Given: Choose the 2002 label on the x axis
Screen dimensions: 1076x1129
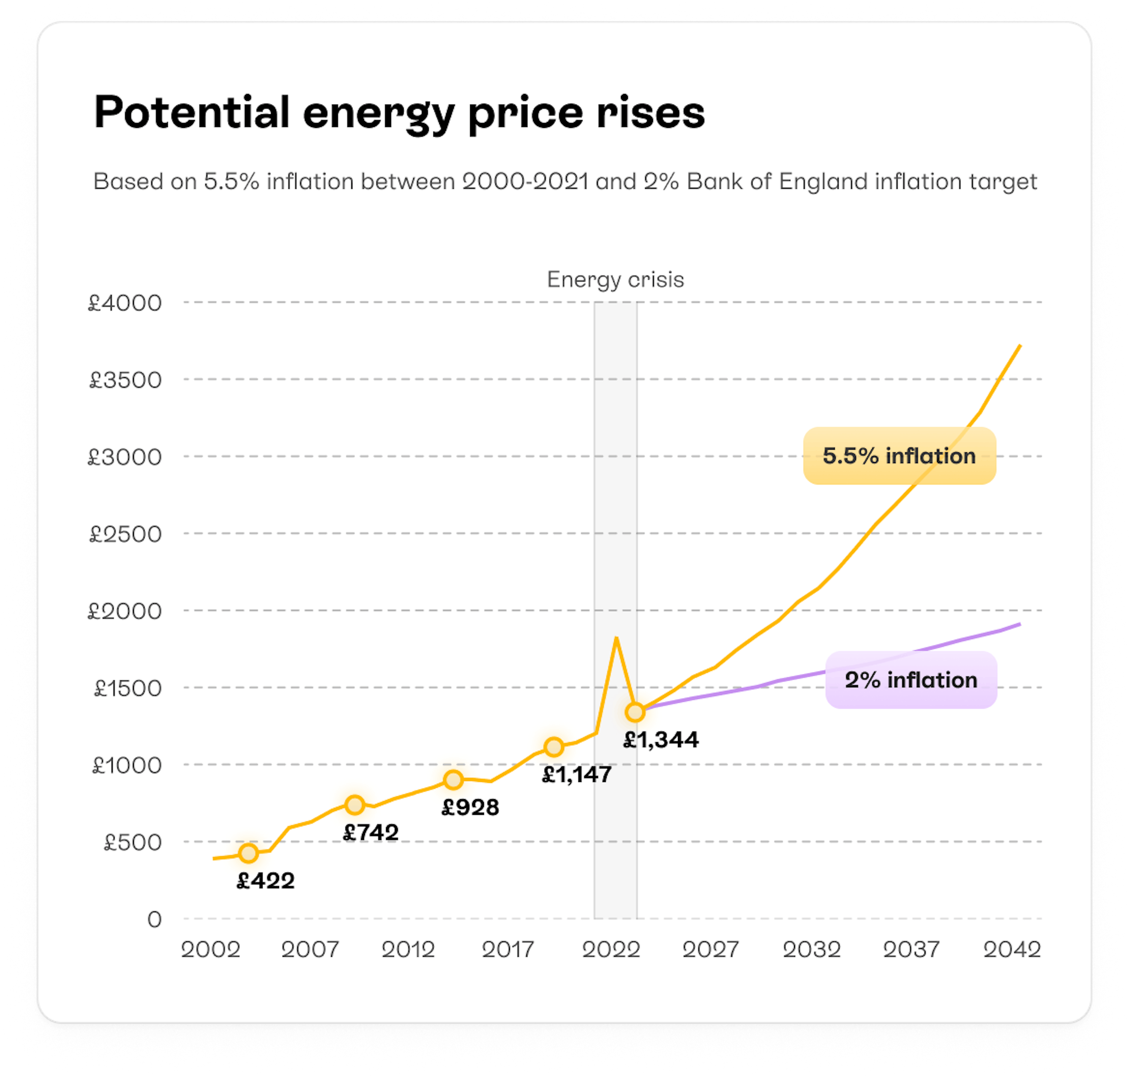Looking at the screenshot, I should (210, 950).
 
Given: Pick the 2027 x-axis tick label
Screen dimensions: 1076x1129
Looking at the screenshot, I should (711, 950).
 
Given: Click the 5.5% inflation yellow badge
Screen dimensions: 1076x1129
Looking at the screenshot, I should (899, 456).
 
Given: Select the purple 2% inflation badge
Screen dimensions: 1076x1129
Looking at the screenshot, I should (911, 680).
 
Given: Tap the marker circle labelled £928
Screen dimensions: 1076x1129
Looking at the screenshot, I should (453, 780).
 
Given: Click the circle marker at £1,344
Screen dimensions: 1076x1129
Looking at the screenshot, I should (635, 712).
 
